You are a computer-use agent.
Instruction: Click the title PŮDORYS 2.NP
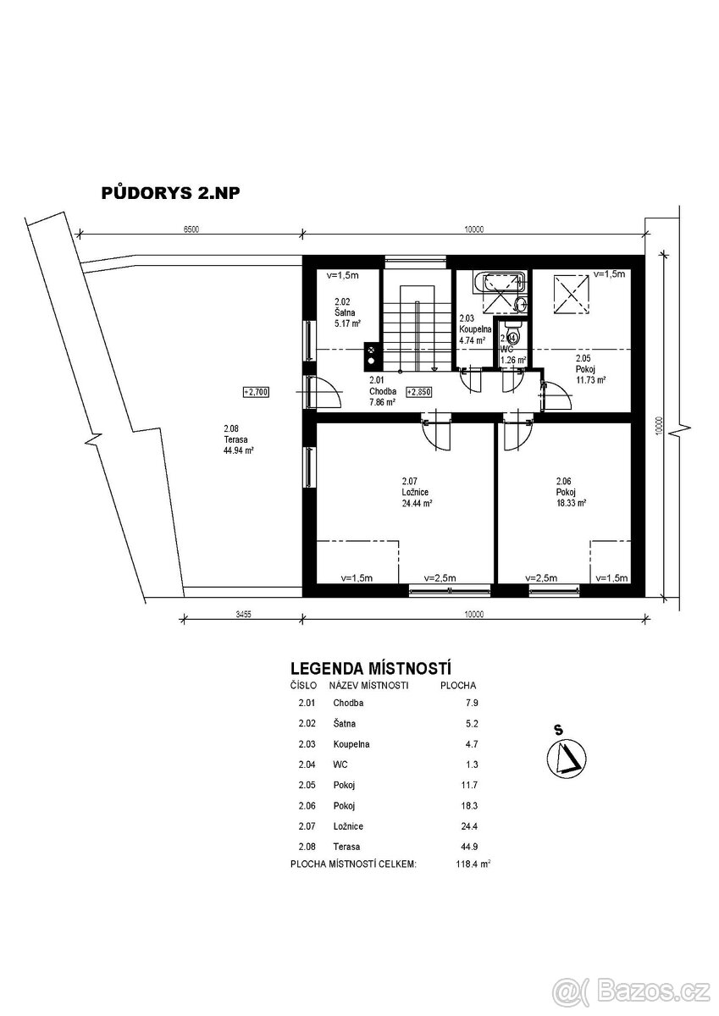(x=170, y=193)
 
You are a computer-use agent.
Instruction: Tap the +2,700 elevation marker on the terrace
(x=256, y=392)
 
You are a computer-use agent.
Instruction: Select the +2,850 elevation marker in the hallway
(x=418, y=392)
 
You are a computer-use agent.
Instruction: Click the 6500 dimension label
(x=191, y=229)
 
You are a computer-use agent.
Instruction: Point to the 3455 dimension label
(x=243, y=615)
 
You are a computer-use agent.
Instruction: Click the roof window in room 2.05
(x=571, y=295)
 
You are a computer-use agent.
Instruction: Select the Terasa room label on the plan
(x=238, y=439)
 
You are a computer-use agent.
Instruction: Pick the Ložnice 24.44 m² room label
(x=417, y=492)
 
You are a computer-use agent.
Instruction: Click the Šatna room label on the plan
(x=347, y=312)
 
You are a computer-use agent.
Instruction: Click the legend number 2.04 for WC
(x=307, y=765)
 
